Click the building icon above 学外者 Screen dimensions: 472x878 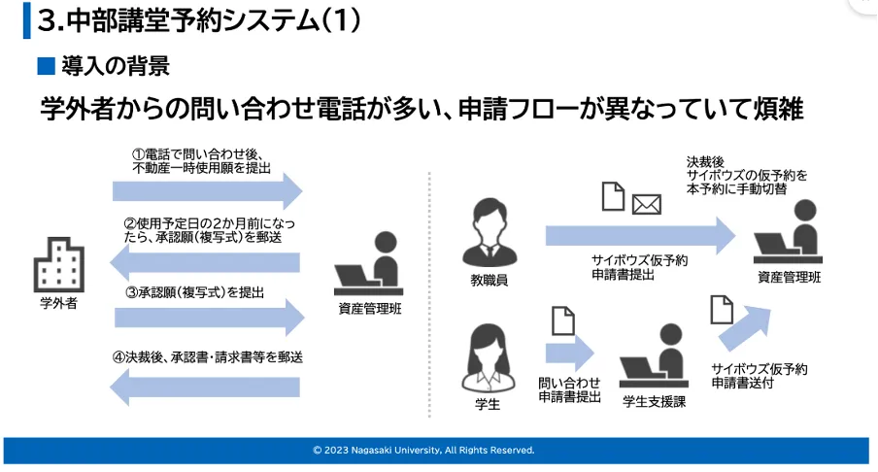[x=58, y=262]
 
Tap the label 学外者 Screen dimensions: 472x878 [x=58, y=304]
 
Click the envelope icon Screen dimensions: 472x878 [x=646, y=204]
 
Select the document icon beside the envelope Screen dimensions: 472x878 [x=613, y=197]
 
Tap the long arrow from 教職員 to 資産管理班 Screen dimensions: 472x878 [x=640, y=236]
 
